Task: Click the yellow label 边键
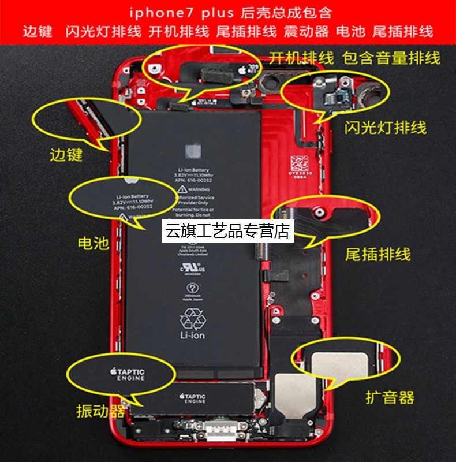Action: coord(66,155)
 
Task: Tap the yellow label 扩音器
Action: coord(390,397)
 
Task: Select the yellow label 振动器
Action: coord(101,411)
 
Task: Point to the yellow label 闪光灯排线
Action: coord(386,127)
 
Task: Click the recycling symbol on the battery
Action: coord(192,318)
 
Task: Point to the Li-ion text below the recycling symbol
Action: coord(192,335)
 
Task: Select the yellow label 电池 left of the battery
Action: coord(93,243)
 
